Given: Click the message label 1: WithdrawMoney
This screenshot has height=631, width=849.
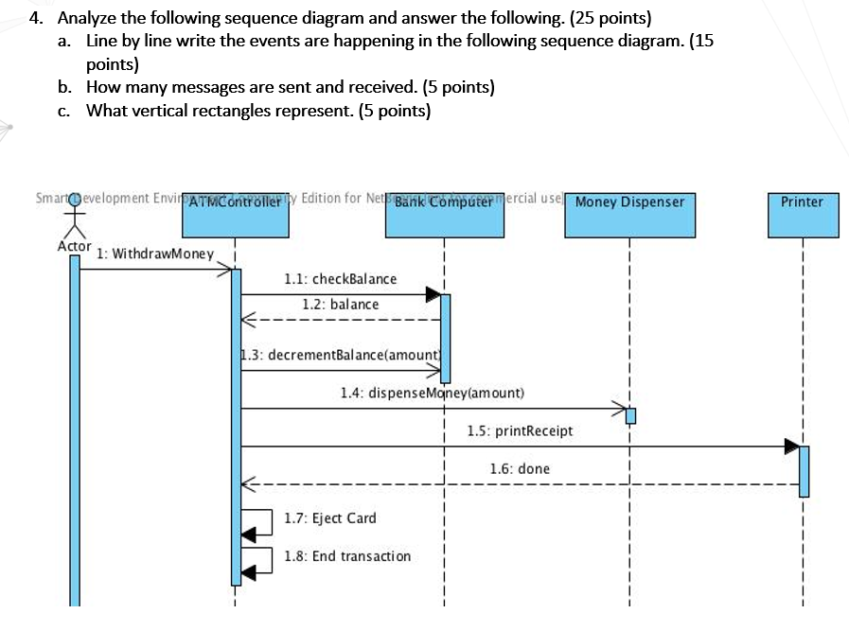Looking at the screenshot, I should click(156, 254).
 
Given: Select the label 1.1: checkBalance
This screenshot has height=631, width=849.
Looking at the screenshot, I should click(341, 279).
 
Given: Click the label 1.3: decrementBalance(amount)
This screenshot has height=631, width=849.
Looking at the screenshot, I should click(341, 355).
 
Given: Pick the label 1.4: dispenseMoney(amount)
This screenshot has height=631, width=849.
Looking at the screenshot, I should click(432, 392).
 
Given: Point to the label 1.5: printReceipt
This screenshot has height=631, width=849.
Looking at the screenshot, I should click(520, 430).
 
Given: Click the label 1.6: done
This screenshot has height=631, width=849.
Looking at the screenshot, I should click(520, 468).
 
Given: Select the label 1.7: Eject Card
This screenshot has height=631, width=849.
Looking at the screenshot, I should click(330, 517).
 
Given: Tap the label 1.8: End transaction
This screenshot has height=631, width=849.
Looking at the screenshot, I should click(347, 555).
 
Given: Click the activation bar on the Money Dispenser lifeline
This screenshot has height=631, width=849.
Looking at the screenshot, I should click(630, 415).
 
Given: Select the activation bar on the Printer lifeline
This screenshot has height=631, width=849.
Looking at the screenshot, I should click(804, 470).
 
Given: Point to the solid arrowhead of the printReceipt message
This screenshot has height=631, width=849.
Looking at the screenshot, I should click(791, 446).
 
